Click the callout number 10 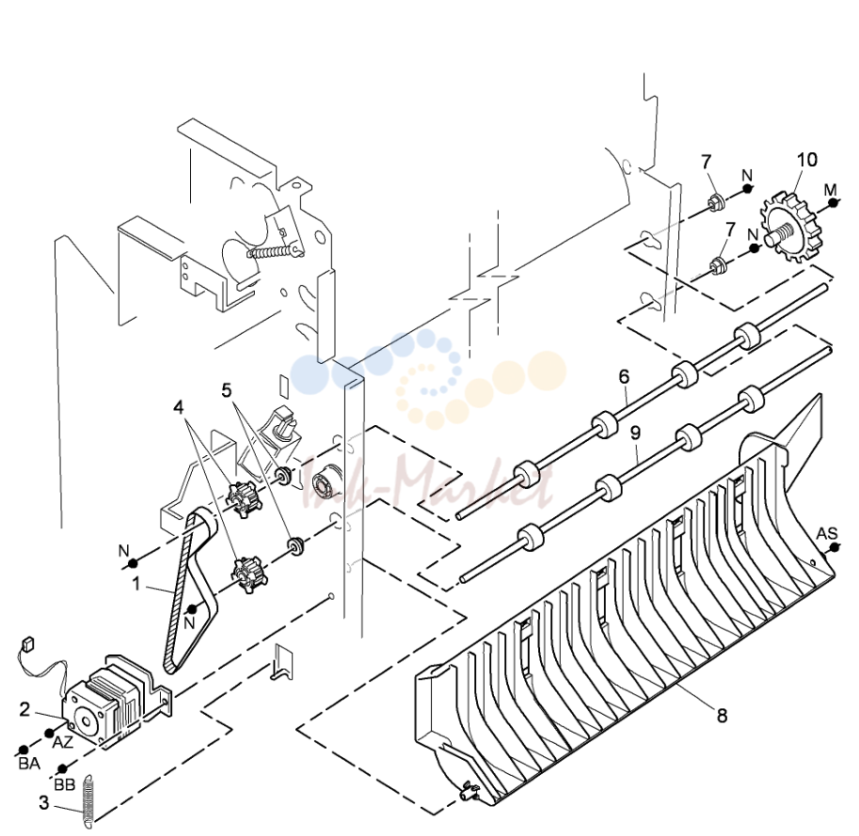pos(807,160)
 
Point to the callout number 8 pos(722,715)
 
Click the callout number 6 pos(624,377)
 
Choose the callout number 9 pos(635,434)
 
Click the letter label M pos(831,190)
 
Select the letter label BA pos(29,764)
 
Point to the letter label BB pos(65,784)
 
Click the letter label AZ pos(62,743)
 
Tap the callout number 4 pos(179,407)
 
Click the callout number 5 pos(227,390)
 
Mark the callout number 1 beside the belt pos(136,584)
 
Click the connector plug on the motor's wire pos(26,642)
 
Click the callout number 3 pos(44,802)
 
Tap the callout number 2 pos(24,709)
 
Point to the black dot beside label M pos(834,203)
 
